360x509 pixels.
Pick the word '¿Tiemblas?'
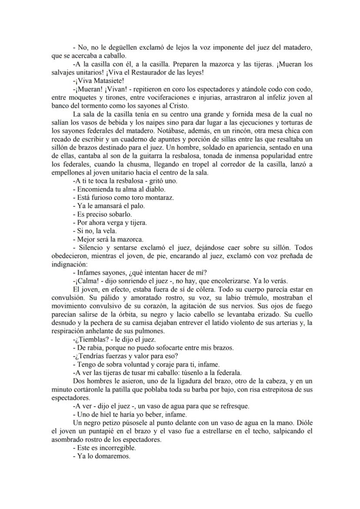(x=90, y=339)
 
